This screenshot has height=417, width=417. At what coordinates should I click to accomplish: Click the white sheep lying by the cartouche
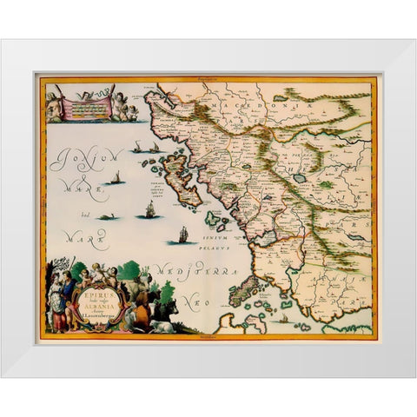162,326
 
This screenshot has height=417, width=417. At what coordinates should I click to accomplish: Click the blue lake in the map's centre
300,177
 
